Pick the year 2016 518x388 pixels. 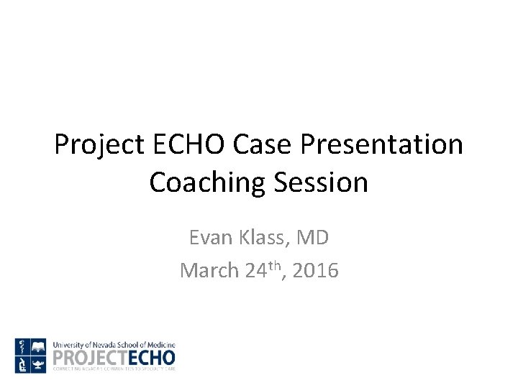(313, 270)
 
